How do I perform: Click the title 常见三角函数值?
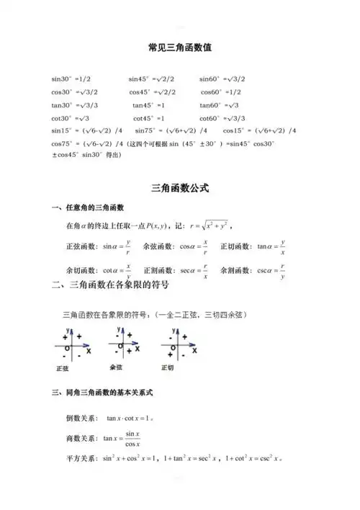179,47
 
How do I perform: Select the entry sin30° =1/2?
71,79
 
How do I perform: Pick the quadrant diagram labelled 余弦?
124,344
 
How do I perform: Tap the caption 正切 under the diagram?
168,367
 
